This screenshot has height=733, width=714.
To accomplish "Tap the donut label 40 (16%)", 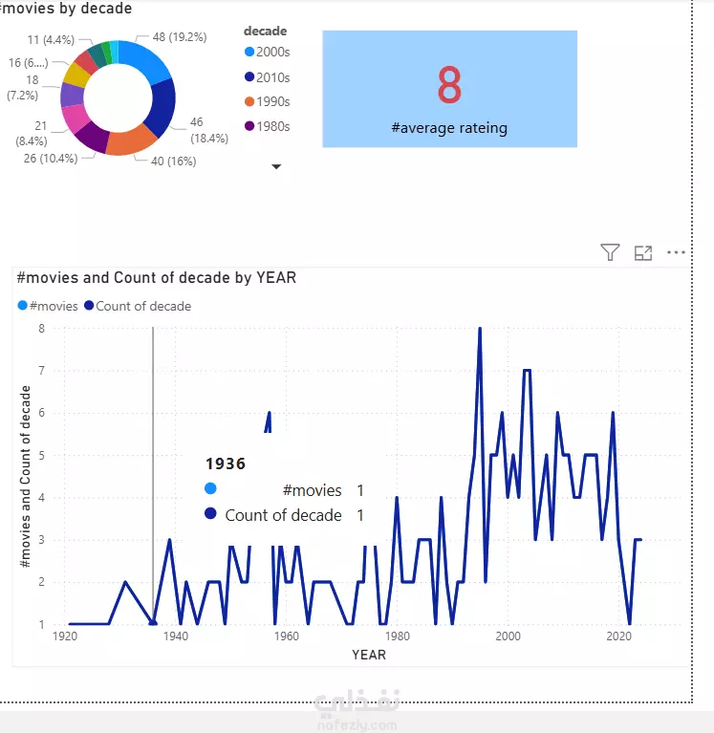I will pos(174,162).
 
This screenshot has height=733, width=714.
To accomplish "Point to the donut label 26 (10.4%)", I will pos(51,158).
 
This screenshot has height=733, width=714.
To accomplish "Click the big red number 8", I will pos(449,86).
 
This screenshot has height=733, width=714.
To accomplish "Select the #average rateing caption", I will pos(449,127).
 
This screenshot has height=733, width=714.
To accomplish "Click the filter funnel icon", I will pos(610,252).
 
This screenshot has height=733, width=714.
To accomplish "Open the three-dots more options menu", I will pos(676,252).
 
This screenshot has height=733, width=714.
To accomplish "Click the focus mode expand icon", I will pos(643,252).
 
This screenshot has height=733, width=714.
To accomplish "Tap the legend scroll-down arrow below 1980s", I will pos(276,166).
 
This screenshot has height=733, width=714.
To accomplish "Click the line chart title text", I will pos(157,277).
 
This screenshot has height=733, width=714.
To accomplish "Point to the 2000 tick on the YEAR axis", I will pos(508,636).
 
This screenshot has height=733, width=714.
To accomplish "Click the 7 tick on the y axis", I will pos(41,370).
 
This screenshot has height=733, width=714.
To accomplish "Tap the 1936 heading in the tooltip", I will pos(226,464).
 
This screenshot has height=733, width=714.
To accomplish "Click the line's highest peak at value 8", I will pos(480,329).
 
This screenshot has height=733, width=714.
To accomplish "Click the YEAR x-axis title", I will pos(368,655).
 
